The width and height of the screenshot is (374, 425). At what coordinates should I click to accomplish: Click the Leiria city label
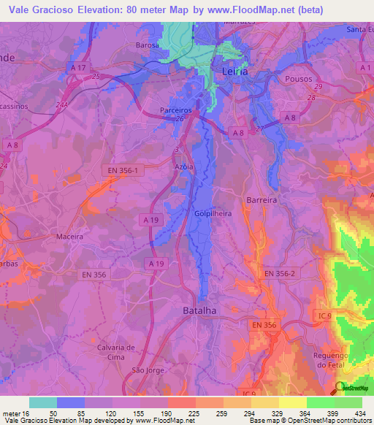tap(234, 72)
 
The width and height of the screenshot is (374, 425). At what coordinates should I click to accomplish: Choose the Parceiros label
tap(175, 110)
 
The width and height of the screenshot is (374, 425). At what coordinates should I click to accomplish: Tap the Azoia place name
tap(183, 166)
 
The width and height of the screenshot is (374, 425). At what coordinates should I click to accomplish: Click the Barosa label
tap(147, 45)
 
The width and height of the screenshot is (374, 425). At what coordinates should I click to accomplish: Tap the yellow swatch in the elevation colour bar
tap(292, 402)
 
